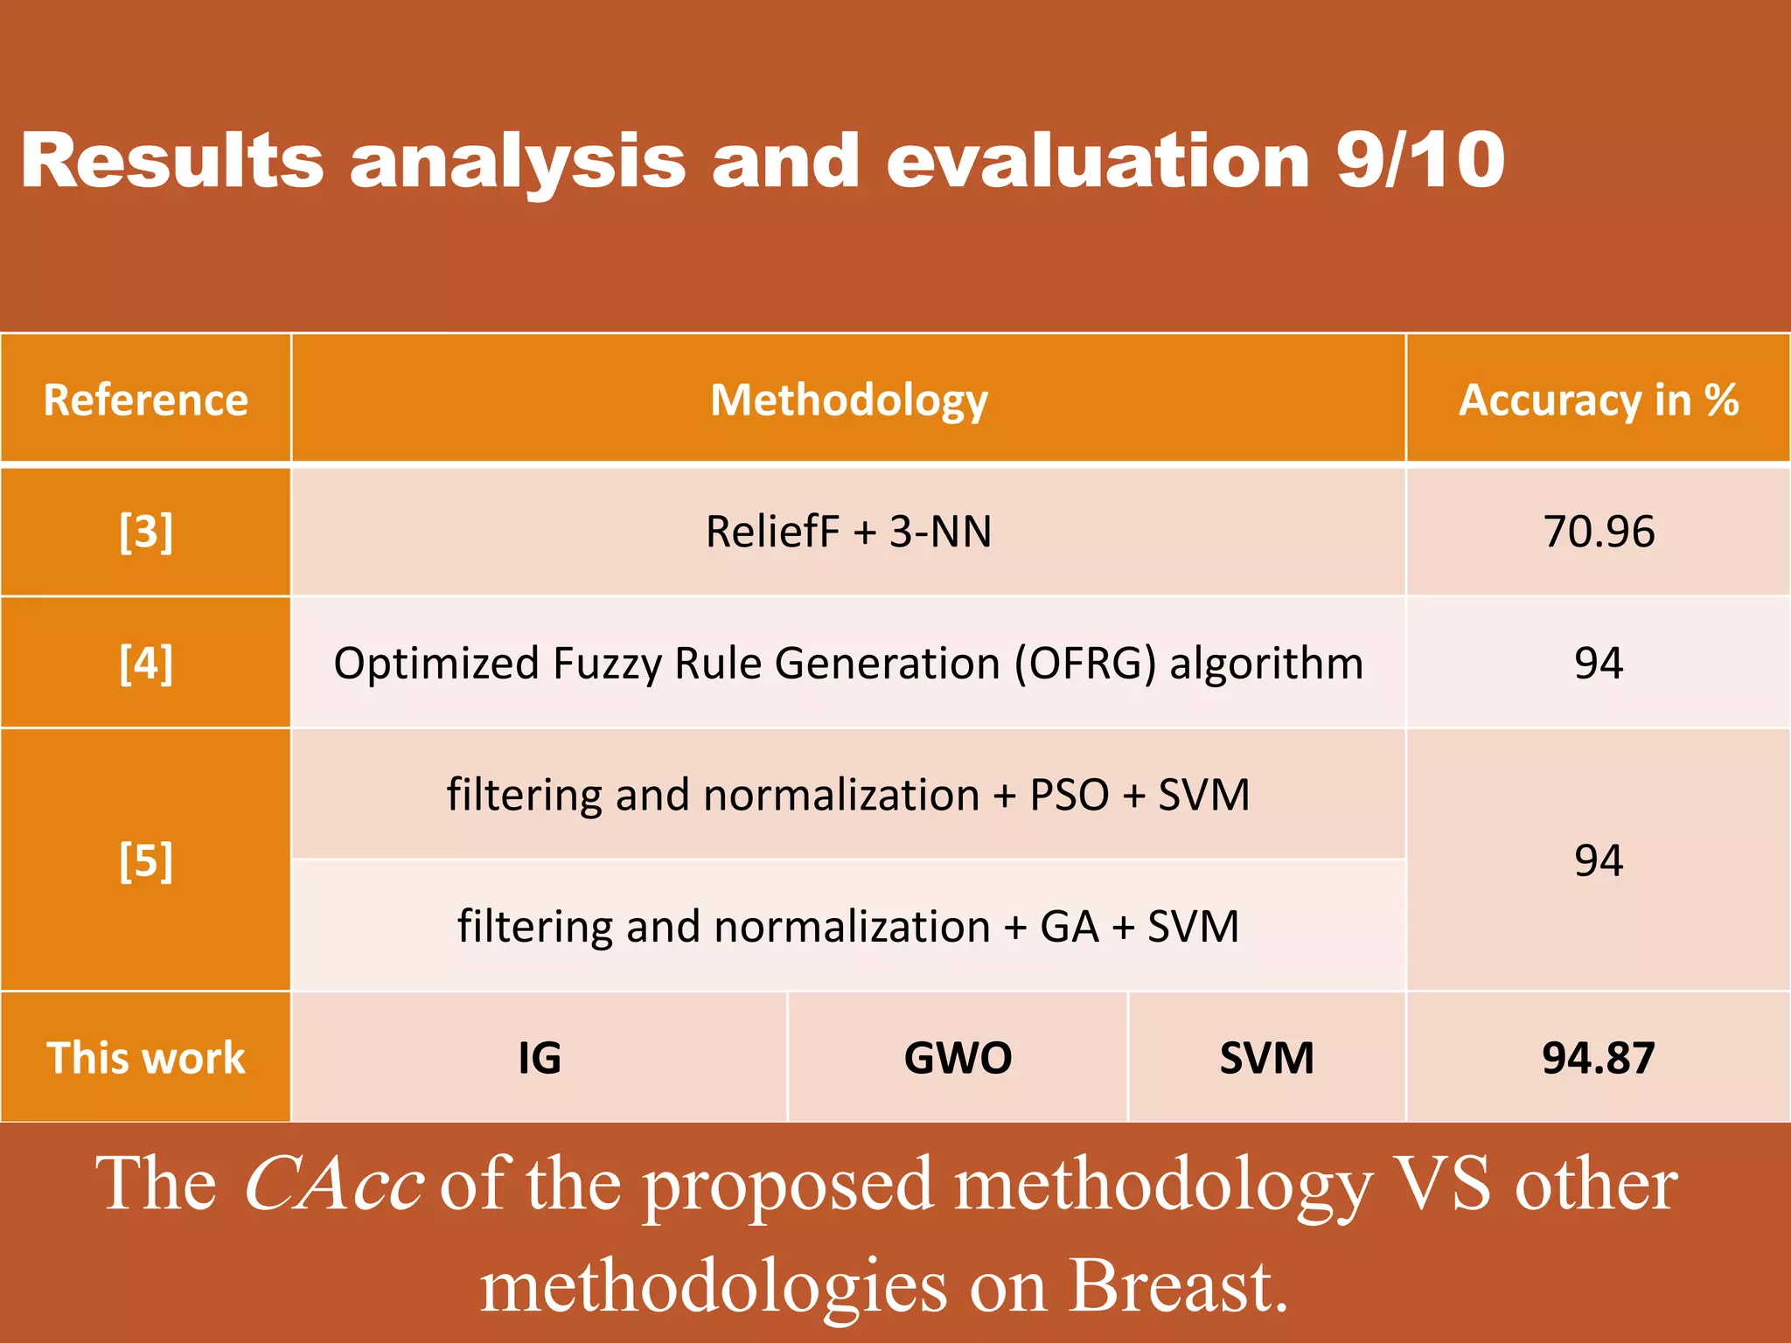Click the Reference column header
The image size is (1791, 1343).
coord(146,400)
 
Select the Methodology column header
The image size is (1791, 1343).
coord(848,400)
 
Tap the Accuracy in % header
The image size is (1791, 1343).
coord(1598,400)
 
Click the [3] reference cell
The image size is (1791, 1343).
coord(146,532)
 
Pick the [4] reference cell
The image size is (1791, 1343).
coord(146,663)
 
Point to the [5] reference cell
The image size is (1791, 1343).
coord(146,860)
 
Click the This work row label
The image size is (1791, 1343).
coord(146,1057)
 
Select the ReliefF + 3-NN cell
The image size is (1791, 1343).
coord(848,532)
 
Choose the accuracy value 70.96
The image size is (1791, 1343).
coord(1598,532)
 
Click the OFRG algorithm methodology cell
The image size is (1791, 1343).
coord(848,663)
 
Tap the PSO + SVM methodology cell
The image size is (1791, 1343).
coord(848,795)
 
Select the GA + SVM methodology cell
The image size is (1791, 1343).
coord(848,926)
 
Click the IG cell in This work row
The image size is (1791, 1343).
coord(540,1057)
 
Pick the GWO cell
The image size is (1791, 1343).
coord(958,1057)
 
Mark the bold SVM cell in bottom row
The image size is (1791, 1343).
coord(1266,1057)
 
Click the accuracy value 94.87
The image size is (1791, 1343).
coord(1598,1057)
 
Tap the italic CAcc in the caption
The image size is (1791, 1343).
coord(334,1183)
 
